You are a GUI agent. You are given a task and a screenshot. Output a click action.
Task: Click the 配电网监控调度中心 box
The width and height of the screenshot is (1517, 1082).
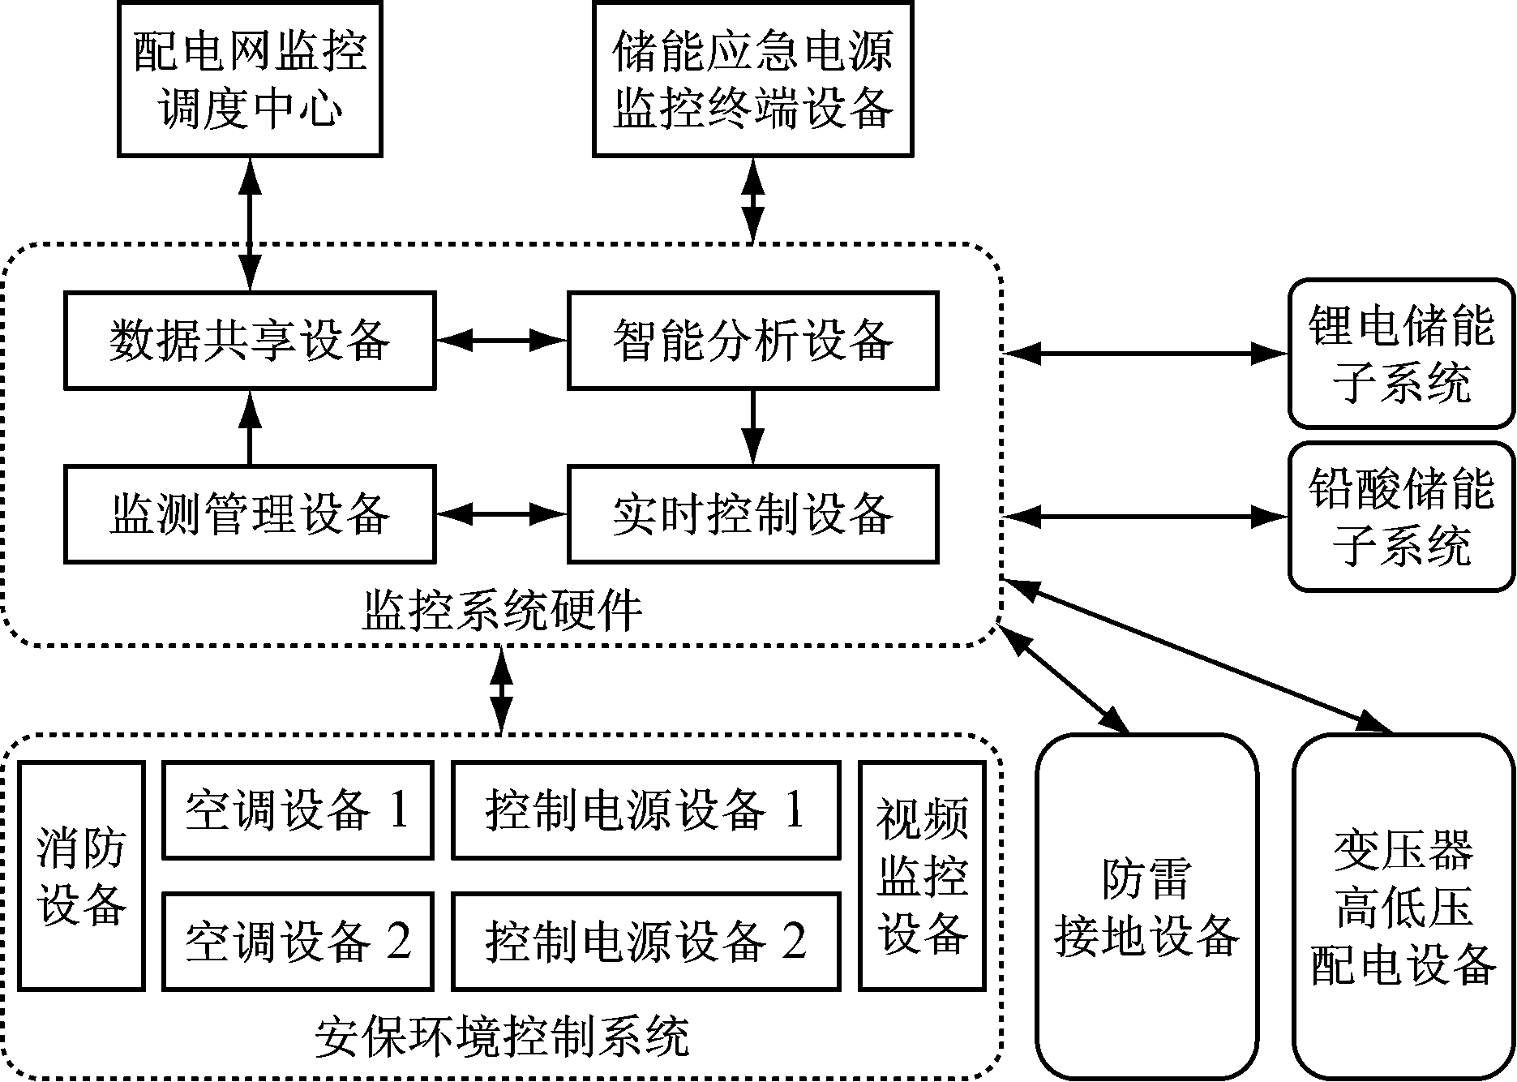click(250, 79)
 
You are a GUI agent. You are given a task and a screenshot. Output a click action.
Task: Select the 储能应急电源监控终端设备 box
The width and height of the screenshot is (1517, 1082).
click(752, 79)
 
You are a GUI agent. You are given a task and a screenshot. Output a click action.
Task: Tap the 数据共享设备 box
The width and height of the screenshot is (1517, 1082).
click(250, 341)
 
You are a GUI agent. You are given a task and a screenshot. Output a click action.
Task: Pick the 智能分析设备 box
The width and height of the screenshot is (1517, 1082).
click(752, 341)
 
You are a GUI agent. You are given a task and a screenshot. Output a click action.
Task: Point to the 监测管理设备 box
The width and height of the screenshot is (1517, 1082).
click(250, 514)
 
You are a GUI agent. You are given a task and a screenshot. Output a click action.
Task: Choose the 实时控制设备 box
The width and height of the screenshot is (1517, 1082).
click(752, 514)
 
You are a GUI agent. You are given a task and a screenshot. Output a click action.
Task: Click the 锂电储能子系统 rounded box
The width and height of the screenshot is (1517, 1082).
click(1401, 354)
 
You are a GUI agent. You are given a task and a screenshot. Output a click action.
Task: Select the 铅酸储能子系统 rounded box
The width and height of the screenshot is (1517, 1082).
click(1401, 516)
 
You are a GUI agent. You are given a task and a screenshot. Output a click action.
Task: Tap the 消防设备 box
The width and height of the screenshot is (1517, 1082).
click(81, 876)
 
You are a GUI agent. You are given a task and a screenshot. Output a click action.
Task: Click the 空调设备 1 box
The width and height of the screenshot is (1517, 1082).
click(298, 809)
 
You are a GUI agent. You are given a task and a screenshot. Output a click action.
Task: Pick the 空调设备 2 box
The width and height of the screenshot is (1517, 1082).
click(298, 942)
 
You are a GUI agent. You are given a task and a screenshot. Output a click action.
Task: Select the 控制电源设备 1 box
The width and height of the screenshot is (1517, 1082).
click(645, 809)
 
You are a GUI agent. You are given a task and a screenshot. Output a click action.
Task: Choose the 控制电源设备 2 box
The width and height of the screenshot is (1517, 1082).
click(645, 942)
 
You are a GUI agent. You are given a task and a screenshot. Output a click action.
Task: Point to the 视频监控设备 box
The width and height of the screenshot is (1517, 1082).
click(922, 876)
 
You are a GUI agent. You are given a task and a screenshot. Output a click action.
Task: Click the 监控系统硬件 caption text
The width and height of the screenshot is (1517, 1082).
click(502, 610)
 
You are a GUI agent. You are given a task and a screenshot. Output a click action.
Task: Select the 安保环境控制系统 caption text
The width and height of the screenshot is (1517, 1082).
click(502, 1037)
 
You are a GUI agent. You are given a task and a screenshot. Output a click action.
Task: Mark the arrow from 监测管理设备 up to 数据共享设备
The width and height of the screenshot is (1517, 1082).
click(250, 427)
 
